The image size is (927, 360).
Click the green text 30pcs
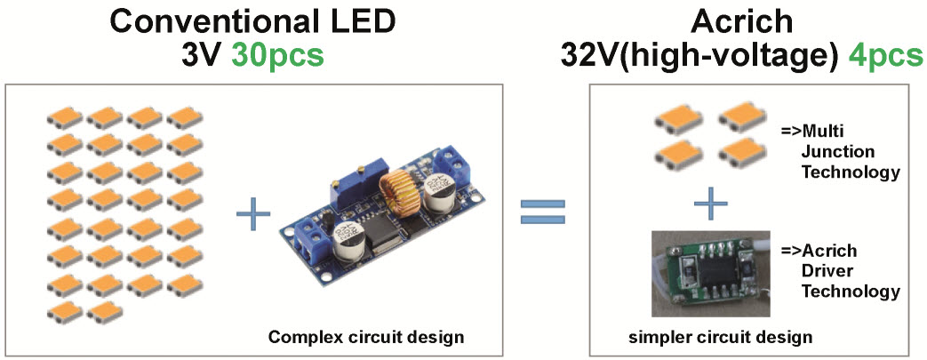coord(277,56)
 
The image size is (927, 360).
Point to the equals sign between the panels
coord(543,212)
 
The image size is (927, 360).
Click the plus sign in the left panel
coord(253,214)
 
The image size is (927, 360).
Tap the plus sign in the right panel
coord(709,203)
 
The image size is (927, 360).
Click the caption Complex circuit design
coord(366,337)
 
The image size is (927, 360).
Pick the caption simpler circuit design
coord(720,337)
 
